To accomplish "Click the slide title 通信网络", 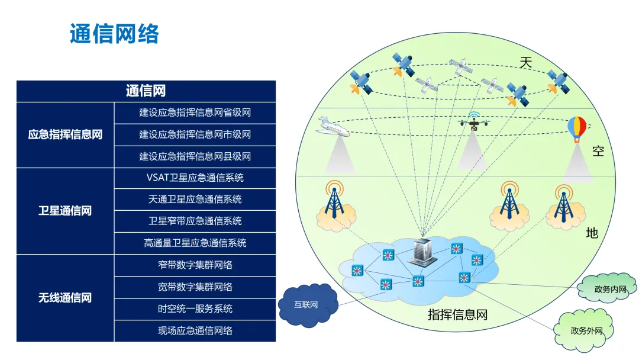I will (114, 34).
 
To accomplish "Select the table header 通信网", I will (146, 91).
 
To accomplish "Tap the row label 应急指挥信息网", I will (65, 134).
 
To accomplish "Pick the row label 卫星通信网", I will (65, 211).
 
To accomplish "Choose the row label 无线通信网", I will (65, 298).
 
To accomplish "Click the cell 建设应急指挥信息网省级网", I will (195, 112).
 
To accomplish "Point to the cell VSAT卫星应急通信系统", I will (195, 178).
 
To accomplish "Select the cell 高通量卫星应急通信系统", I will (195, 243).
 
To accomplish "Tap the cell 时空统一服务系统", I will (195, 308).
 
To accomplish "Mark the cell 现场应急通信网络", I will (195, 330).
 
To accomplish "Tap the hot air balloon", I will (577, 128).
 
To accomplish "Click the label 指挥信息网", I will (457, 314).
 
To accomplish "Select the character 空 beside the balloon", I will (598, 151).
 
